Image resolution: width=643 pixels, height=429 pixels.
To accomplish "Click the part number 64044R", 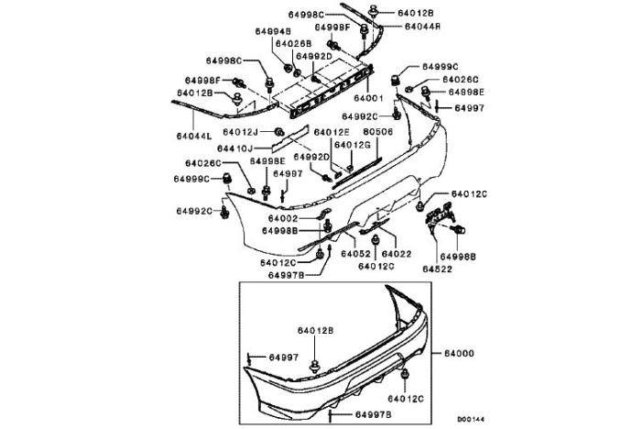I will pyautogui.click(x=422, y=27).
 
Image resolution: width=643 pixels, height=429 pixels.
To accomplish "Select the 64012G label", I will pyautogui.click(x=353, y=145).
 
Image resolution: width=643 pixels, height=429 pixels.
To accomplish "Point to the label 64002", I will pyautogui.click(x=284, y=219).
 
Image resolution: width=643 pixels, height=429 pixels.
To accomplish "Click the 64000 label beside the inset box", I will pyautogui.click(x=460, y=352).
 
